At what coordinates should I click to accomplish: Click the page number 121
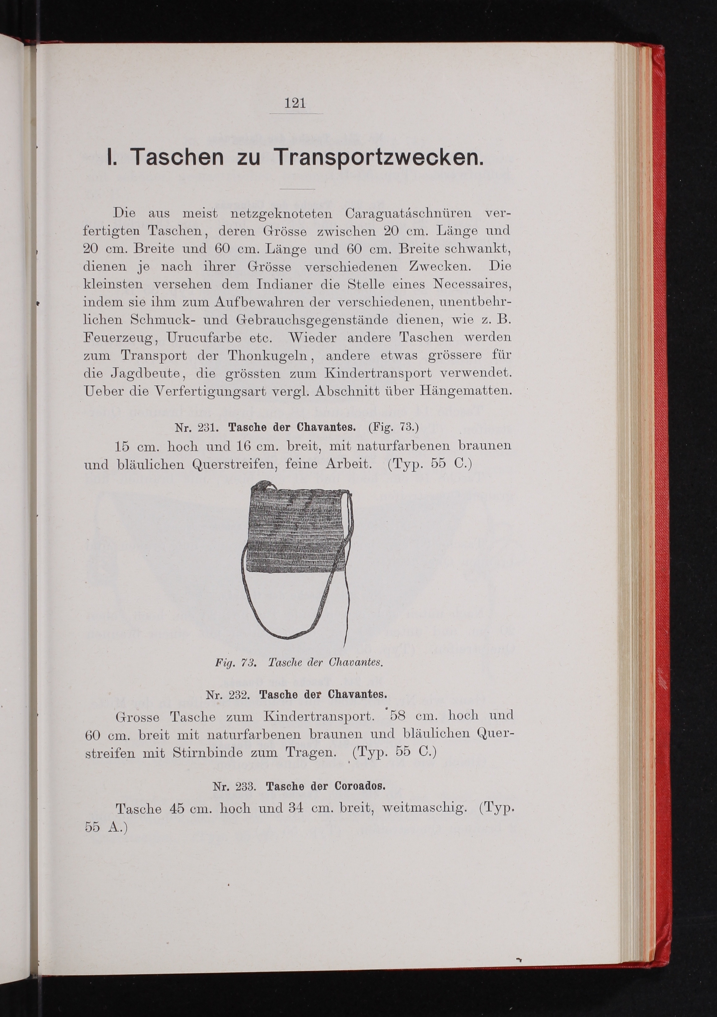(295, 103)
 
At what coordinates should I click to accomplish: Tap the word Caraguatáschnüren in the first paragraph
(408, 214)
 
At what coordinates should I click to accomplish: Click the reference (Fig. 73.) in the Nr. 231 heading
(393, 428)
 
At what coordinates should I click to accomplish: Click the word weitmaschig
(424, 808)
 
